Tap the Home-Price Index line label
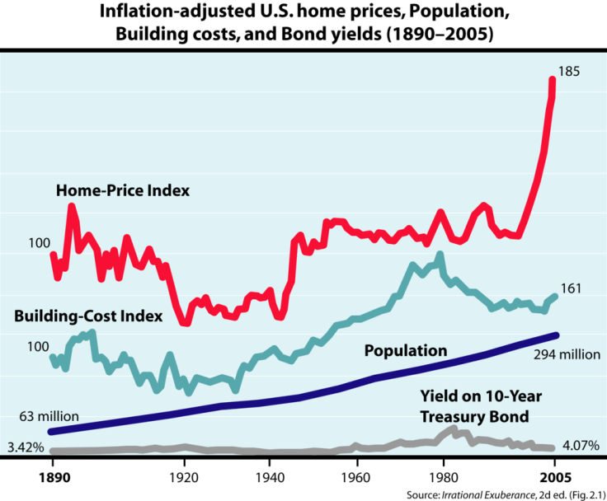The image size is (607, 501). point(123,190)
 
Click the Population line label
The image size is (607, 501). point(406,351)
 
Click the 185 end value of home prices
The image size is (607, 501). point(570,72)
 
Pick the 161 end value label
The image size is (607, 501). point(572,288)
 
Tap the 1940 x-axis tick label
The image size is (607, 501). point(270,478)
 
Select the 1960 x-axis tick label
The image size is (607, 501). point(356,478)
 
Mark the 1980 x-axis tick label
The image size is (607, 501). point(443,478)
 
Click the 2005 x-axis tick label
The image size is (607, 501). point(554,478)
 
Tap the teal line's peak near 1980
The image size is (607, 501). point(440,255)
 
